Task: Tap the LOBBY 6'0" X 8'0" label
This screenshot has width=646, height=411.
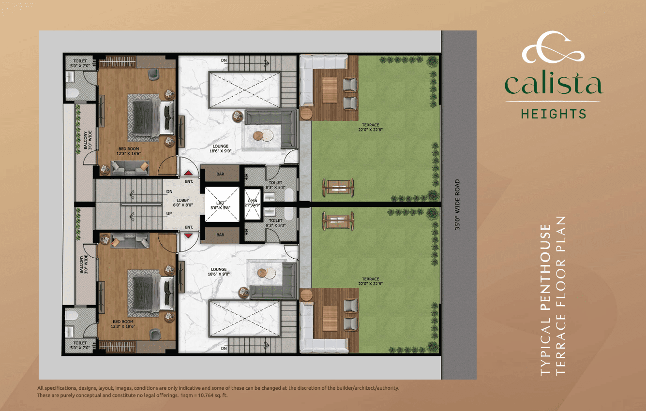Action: point(182,202)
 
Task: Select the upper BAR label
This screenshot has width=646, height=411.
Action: point(220,174)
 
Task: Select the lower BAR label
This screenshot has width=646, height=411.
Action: point(220,235)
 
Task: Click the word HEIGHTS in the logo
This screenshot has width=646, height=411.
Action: point(553,114)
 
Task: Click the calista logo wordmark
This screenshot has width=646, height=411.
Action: point(553,85)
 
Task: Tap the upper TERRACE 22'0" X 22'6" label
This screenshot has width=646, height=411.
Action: point(370,127)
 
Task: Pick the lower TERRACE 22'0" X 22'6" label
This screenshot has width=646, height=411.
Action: point(370,281)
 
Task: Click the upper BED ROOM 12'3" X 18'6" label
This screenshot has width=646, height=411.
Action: point(127,151)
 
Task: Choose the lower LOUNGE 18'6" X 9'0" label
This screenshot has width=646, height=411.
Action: point(219,272)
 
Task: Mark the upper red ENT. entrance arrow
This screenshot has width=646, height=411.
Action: point(188,174)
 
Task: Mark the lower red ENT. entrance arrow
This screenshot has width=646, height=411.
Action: point(188,235)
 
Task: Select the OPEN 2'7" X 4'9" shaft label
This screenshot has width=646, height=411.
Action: point(253,203)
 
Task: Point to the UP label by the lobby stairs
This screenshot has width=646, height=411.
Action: point(169,213)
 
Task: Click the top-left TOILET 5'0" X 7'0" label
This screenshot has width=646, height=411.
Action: point(76,63)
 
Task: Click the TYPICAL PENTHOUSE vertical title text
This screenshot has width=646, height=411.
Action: point(545,300)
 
